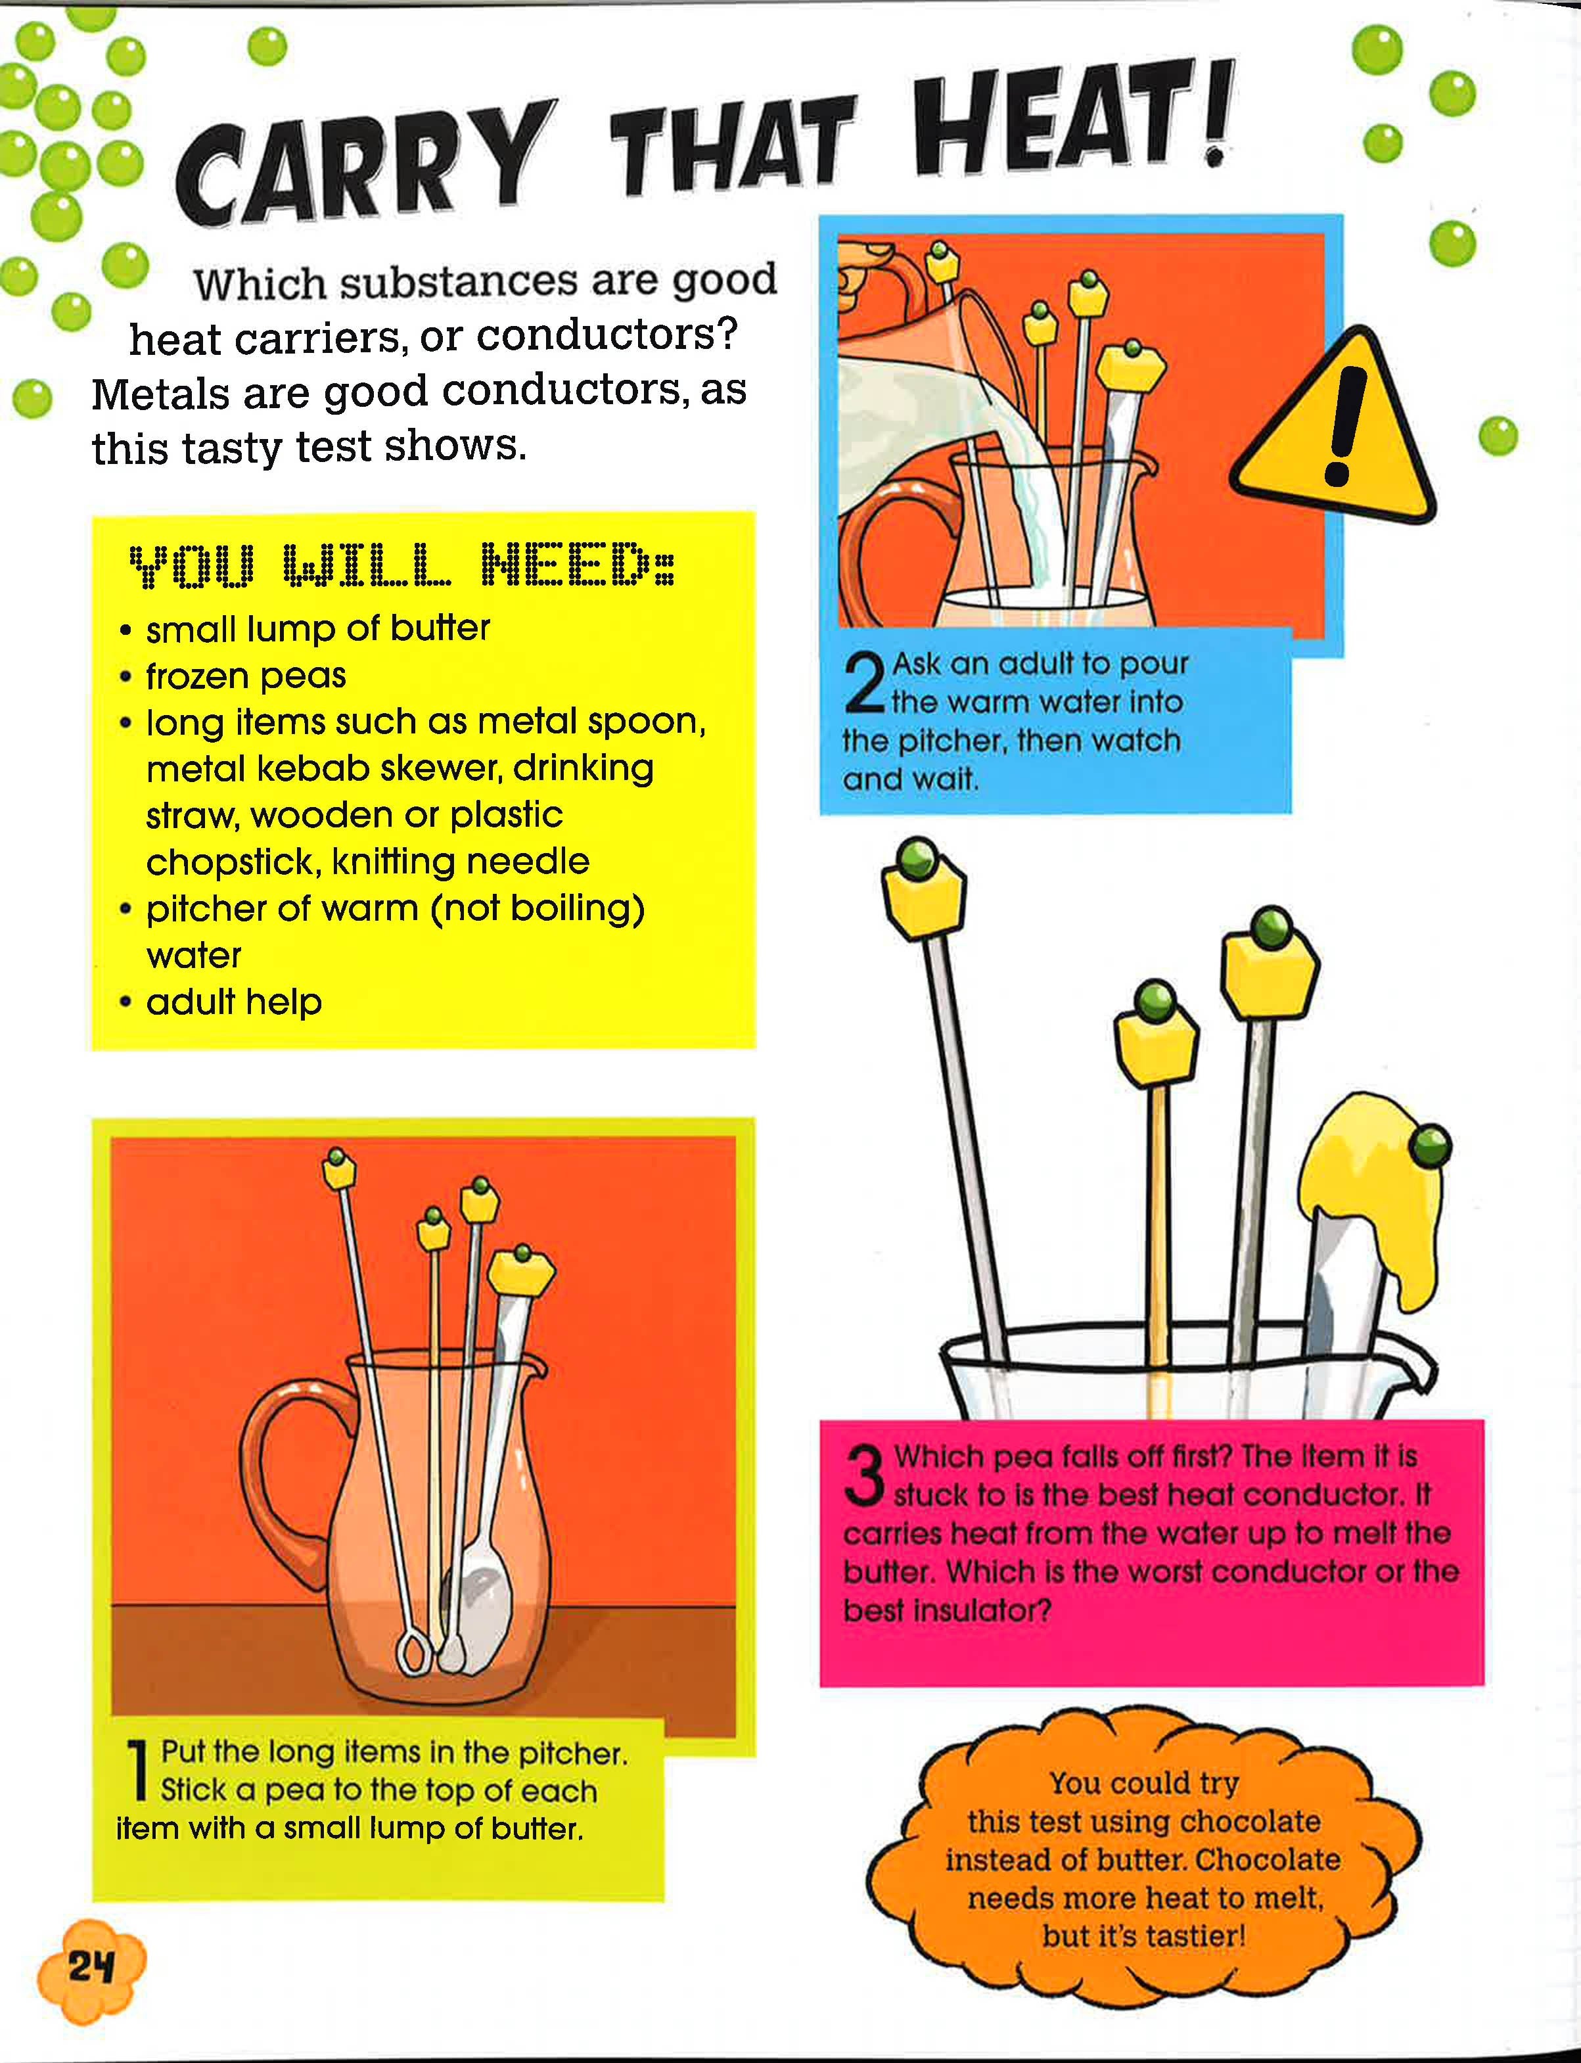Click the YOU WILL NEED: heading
tap(402, 565)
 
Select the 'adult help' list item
tap(233, 1002)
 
